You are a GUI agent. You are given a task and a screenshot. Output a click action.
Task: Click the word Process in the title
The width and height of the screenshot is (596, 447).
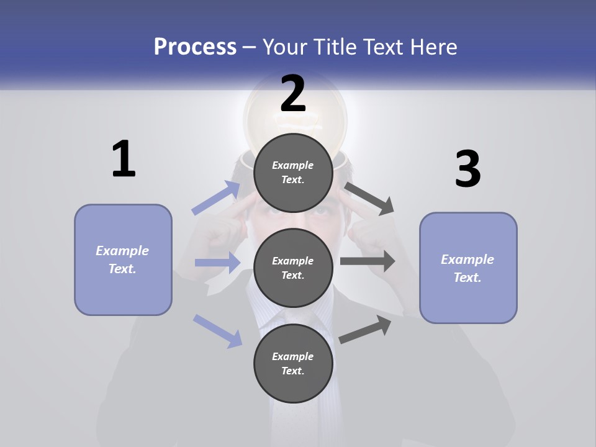point(195,47)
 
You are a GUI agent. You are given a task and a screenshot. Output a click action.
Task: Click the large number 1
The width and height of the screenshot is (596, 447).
point(124,160)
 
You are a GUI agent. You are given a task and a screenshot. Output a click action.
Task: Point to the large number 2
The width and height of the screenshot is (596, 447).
point(293,94)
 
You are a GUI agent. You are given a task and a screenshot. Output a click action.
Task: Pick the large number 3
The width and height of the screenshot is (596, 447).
point(467,169)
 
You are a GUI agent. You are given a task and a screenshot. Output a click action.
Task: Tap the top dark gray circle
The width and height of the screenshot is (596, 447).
point(293,173)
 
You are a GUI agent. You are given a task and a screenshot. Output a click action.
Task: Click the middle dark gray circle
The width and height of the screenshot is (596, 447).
point(293,268)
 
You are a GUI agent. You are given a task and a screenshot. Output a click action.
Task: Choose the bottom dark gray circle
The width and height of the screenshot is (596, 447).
point(293,363)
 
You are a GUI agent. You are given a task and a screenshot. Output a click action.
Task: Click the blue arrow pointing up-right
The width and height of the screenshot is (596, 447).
point(217,198)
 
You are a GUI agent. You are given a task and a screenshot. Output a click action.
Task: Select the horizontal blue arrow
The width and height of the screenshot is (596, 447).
point(218,263)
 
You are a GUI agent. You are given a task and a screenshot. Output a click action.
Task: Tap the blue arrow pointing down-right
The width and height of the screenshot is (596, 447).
point(218,330)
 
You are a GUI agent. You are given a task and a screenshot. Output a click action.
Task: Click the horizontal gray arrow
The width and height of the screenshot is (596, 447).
point(368,261)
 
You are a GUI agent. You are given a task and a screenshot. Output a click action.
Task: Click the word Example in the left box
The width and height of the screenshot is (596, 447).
point(122,251)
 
